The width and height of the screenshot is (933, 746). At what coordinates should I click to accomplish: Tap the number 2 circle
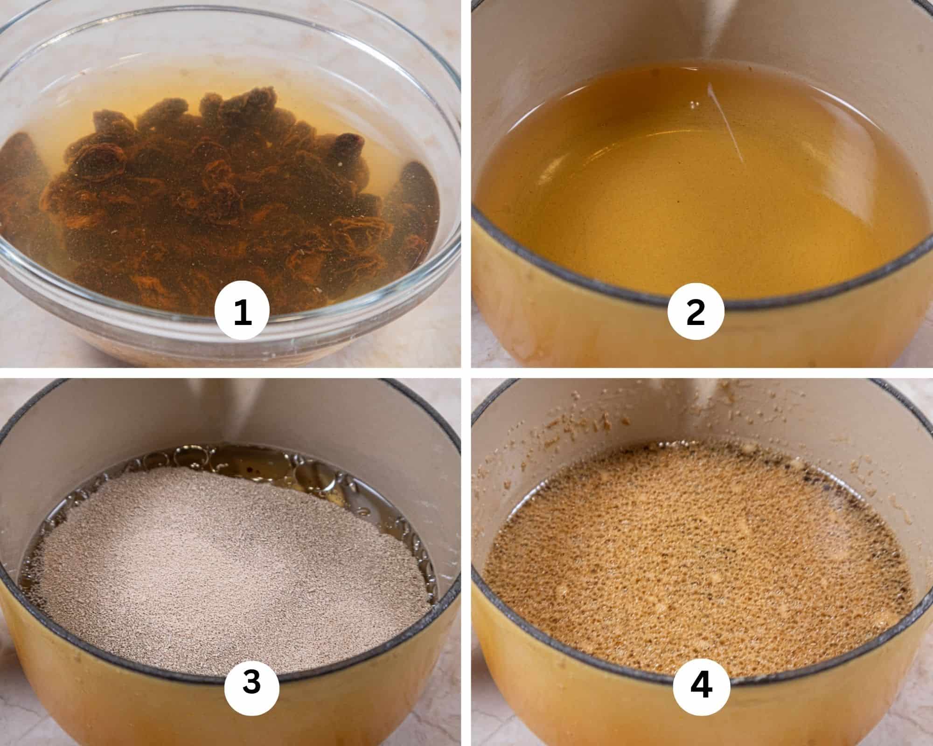[696, 311]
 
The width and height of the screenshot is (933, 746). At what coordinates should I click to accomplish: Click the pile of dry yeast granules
[224, 559]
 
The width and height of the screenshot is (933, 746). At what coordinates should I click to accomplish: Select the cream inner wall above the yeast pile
[140, 420]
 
